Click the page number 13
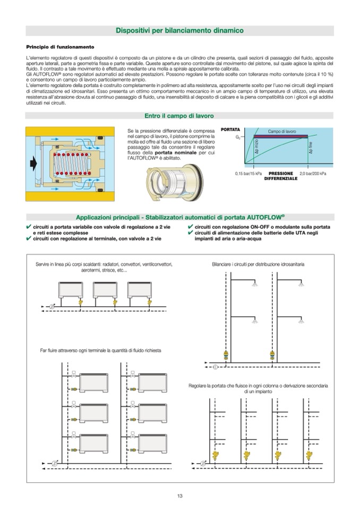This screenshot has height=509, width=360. (179, 496)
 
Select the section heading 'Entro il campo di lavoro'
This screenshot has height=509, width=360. (179, 115)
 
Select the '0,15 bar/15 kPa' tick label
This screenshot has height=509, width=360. (248, 174)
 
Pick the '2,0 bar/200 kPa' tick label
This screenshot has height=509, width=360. (313, 174)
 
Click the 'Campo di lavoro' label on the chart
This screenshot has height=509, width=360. (282, 131)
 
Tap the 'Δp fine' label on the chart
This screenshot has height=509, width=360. (311, 148)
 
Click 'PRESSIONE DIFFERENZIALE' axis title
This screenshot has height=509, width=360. (281, 176)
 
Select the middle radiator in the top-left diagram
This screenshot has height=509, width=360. (105, 290)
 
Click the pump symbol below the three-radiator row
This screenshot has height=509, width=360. (52, 306)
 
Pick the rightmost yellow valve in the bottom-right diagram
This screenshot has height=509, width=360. (307, 454)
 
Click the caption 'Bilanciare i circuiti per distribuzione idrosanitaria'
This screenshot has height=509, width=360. (258, 264)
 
